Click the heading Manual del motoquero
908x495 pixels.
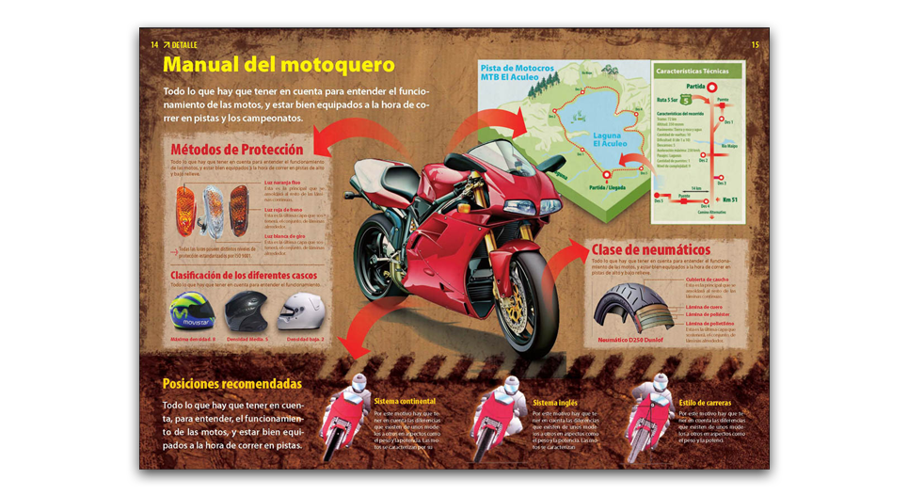tap(279, 65)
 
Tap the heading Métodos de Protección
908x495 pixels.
tap(236, 150)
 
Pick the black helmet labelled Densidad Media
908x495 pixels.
tap(247, 312)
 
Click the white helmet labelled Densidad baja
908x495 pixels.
tap(301, 312)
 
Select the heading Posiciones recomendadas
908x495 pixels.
tap(231, 384)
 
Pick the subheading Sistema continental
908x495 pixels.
tap(405, 401)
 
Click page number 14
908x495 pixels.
tap(154, 45)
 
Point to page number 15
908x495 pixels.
tap(755, 45)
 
